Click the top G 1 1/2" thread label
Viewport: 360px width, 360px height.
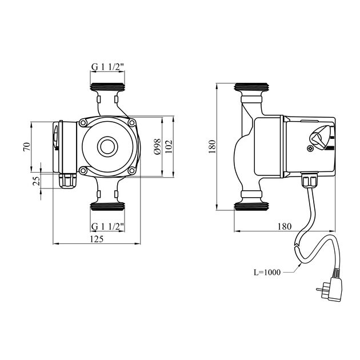pos(108,67)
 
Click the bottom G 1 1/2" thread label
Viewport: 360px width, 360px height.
pos(108,227)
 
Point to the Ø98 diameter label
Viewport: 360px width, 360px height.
pos(156,147)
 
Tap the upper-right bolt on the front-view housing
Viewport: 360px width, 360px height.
pos(132,122)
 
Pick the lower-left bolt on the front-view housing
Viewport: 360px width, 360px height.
pos(83,170)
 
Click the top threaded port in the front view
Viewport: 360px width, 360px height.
pos(107,89)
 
